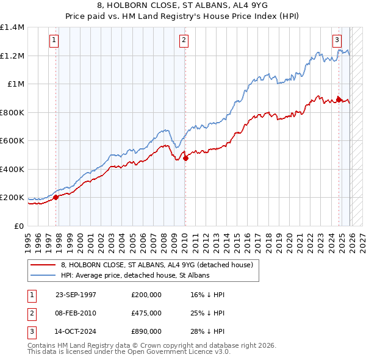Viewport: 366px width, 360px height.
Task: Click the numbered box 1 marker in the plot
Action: point(55,41)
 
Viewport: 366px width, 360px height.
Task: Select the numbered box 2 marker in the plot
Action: point(184,41)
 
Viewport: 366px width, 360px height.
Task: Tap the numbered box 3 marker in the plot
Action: point(337,41)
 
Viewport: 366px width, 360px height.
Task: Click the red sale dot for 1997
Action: point(56,197)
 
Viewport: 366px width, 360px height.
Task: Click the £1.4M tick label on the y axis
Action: point(12,27)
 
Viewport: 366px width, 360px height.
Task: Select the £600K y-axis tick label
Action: point(12,141)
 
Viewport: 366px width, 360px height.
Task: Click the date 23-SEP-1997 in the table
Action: point(76,295)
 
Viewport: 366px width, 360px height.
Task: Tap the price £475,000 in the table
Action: point(146,313)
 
